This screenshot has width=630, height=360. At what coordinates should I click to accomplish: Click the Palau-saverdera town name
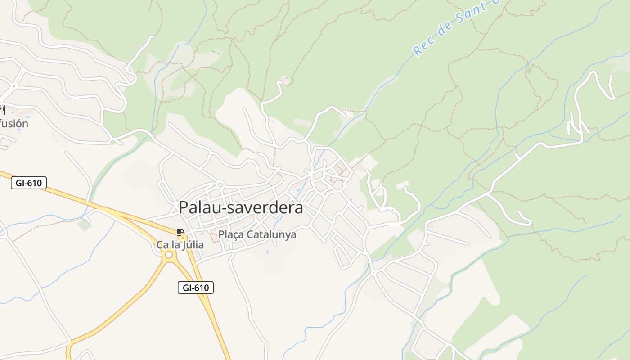[x=241, y=208]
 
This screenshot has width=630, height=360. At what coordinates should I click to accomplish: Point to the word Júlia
[x=192, y=245]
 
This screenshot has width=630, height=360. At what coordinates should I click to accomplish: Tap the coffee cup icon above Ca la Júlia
[x=180, y=232]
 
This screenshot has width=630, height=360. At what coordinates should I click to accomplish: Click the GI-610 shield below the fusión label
[x=29, y=183]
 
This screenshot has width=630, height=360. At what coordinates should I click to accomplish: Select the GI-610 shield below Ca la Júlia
[x=196, y=288]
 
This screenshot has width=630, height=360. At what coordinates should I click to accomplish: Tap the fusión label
[x=14, y=124]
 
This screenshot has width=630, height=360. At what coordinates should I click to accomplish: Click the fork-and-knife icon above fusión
[x=3, y=110]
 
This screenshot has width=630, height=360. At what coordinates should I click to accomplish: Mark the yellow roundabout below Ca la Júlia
[x=169, y=255]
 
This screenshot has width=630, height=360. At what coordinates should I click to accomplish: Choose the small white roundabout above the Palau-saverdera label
[x=220, y=184]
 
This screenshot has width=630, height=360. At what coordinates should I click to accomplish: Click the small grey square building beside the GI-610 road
[x=84, y=225]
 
